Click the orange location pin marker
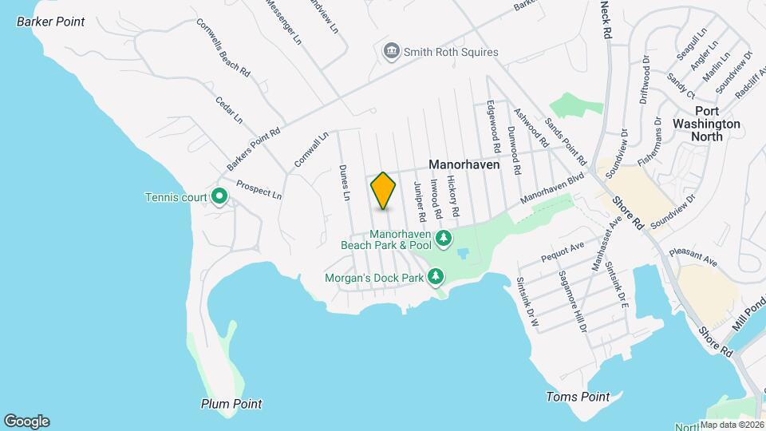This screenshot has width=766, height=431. tap(384, 190)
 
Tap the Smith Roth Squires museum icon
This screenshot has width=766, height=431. tap(392, 52)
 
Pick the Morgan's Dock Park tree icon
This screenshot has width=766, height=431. tap(436, 277)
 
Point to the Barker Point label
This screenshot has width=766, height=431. tap(51, 22)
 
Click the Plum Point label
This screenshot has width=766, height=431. tap(231, 404)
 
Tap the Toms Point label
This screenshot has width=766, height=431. tap(578, 397)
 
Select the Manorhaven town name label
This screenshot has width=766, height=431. tap(464, 164)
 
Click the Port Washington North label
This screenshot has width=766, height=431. tap(706, 124)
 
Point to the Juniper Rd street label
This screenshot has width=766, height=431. tap(418, 202)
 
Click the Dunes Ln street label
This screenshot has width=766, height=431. tap(345, 182)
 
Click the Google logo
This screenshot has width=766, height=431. tap(26, 421)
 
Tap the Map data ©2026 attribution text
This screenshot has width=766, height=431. tap(731, 425)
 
